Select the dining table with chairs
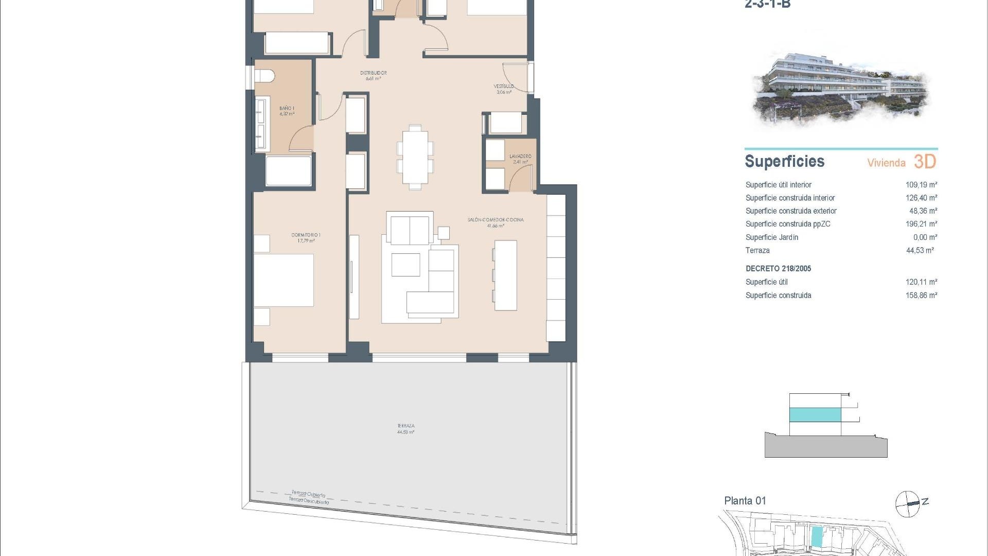pos(415,157)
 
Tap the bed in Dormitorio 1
pos(284,280)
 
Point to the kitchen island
pos(505,275)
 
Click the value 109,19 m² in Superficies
pos(921,185)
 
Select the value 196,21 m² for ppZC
pos(921,224)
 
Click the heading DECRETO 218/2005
pos(778,269)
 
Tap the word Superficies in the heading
pos(784,162)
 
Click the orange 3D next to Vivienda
pos(925,162)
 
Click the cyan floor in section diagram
pos(815,415)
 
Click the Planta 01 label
pos(745,500)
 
